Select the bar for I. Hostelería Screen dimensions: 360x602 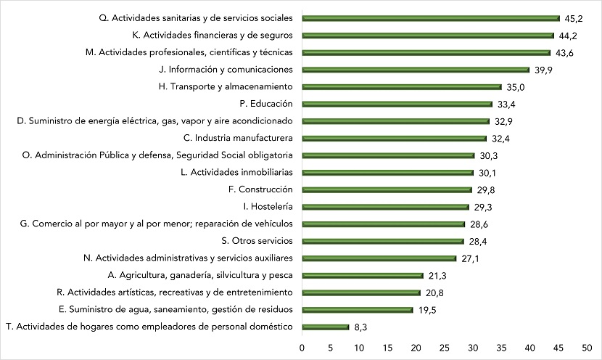pos(385,207)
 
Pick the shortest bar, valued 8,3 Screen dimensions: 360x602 pos(325,327)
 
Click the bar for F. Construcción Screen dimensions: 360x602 pos(387,189)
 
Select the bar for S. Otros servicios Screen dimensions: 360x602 pos(382,241)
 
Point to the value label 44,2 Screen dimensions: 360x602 pos(569,36)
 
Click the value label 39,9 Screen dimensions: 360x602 pos(543,70)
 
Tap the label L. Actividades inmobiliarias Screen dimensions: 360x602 pos(236,172)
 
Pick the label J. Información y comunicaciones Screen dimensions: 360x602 pos(225,70)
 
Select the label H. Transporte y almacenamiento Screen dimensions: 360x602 pos(225,86)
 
